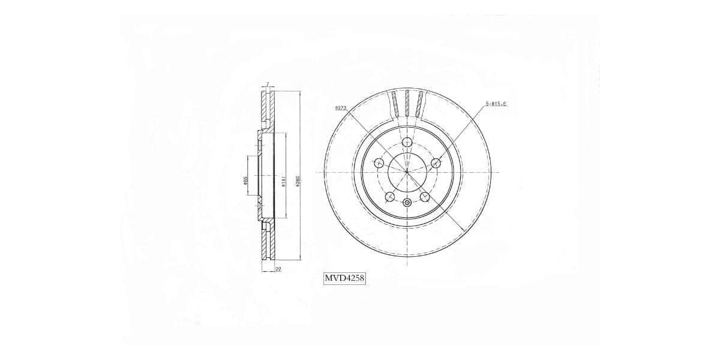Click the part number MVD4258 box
click(x=344, y=278)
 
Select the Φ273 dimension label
click(x=341, y=109)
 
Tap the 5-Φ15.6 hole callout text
click(x=496, y=104)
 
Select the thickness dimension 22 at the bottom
click(x=278, y=270)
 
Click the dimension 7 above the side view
click(x=268, y=85)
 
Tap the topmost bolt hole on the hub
click(x=407, y=142)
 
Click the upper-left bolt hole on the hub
click(x=379, y=162)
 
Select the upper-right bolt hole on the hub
click(x=436, y=162)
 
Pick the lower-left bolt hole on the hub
click(x=389, y=196)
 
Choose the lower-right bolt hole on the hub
click(x=425, y=196)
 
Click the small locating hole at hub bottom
click(x=407, y=202)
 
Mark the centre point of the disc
click(x=407, y=172)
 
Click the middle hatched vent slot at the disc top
click(x=407, y=104)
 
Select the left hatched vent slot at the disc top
click(x=394, y=104)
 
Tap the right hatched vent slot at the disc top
click(x=419, y=104)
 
